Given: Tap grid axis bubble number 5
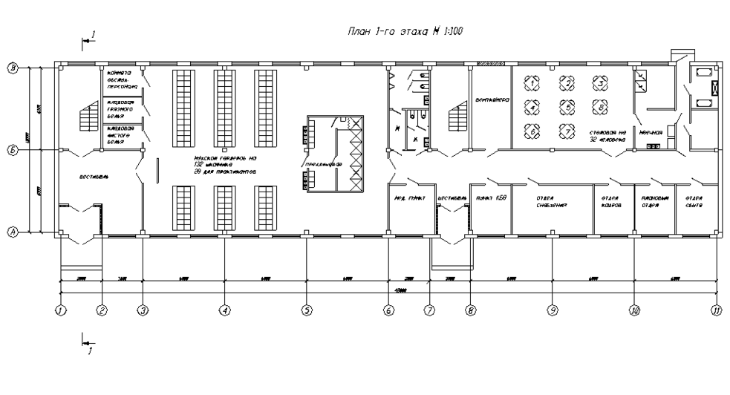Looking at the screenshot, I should point(306,311).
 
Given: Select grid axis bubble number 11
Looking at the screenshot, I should point(716,311).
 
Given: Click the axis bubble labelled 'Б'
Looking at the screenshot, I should point(13,150).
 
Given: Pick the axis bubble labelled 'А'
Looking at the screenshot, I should point(13,232).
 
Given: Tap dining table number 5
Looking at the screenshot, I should point(566,108).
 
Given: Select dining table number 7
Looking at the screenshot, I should point(566,131).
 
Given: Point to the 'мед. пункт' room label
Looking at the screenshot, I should point(408,199).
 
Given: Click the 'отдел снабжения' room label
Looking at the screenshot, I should point(551,203).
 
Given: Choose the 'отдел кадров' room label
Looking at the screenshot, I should point(610,203).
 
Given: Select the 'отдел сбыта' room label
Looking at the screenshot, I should point(694,203).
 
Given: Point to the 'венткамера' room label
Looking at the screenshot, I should point(491,99).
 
